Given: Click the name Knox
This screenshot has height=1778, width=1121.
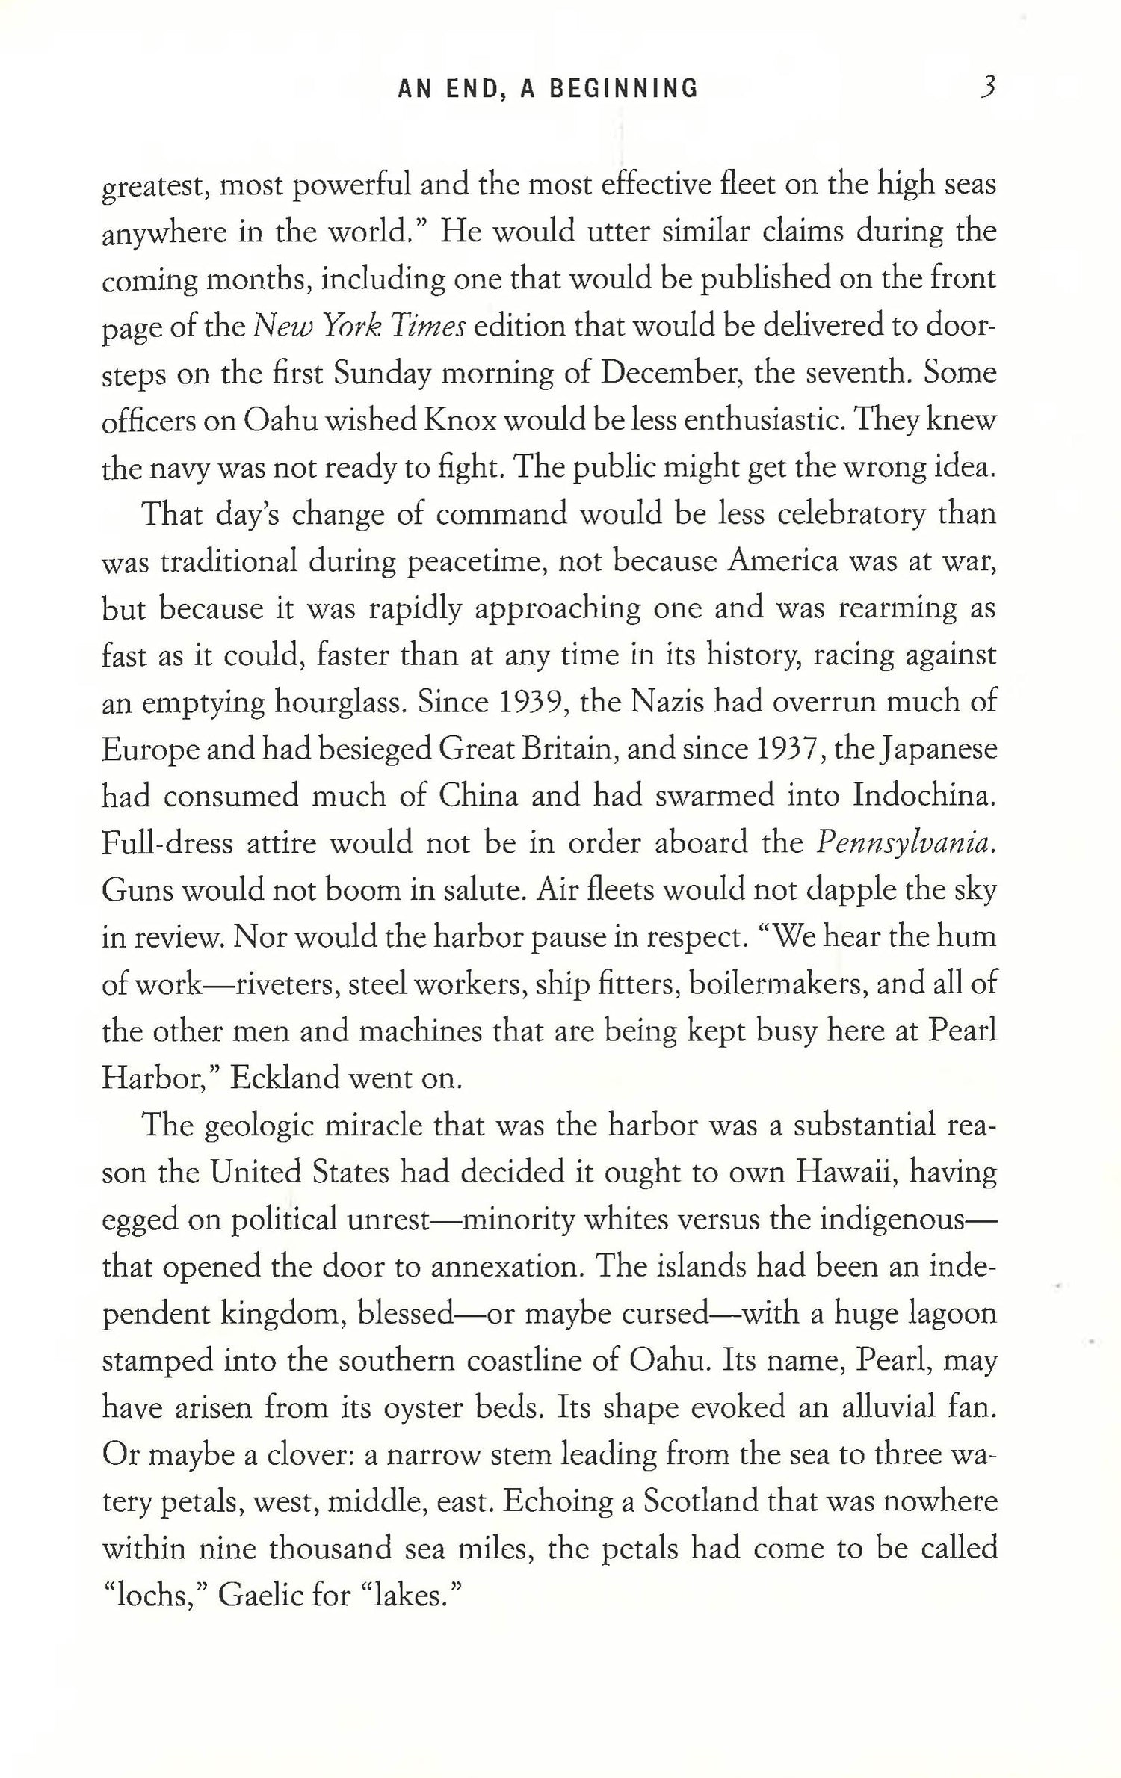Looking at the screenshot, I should pos(462,421).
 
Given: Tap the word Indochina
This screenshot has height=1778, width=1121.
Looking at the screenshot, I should pos(924,796).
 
